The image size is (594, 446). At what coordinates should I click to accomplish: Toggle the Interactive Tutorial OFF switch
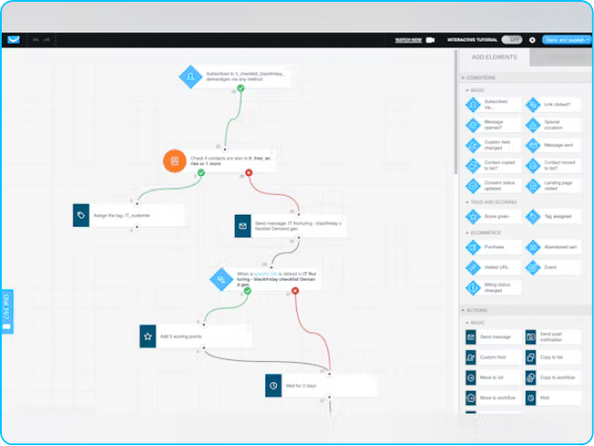[x=512, y=40]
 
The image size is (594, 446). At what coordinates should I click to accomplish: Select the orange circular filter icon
[x=174, y=162]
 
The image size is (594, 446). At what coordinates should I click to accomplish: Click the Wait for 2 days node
[x=320, y=386]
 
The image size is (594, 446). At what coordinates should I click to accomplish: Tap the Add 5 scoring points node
[x=194, y=336]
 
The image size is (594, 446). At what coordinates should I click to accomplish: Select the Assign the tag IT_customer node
[x=128, y=216]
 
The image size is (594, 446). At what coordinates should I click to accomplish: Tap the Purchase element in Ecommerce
[x=492, y=246]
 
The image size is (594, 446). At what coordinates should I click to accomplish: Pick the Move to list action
[x=492, y=377]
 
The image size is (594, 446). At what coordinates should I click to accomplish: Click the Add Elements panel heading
[x=495, y=57]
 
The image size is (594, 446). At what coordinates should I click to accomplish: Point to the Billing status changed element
[x=492, y=288]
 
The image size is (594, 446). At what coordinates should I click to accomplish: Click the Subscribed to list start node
[x=235, y=77]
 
